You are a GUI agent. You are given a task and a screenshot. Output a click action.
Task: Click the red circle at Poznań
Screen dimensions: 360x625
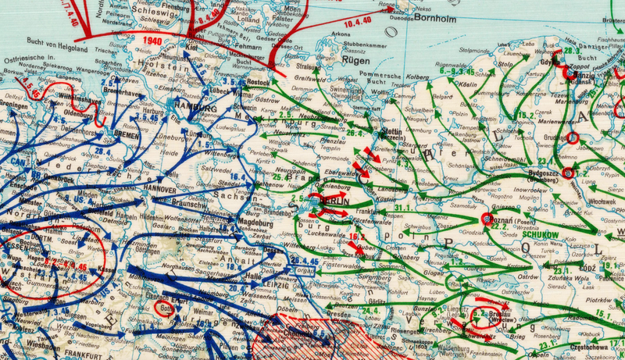pyautogui.click(x=486, y=219)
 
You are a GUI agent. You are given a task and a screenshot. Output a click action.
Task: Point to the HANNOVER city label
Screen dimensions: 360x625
pyautogui.click(x=160, y=188)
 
